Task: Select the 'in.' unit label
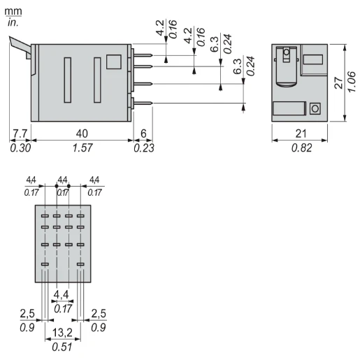click(13, 22)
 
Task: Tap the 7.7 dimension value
click(19, 134)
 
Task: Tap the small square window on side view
click(114, 63)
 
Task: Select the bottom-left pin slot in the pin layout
click(45, 264)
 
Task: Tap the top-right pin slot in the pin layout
click(80, 216)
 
